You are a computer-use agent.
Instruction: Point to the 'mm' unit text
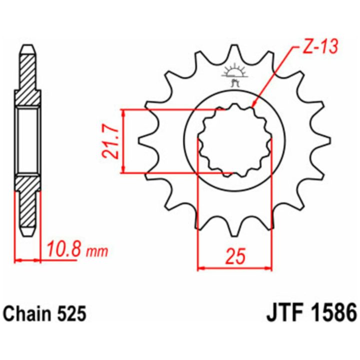coord(96,252)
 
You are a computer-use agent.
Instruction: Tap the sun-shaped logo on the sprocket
coord(234,74)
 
